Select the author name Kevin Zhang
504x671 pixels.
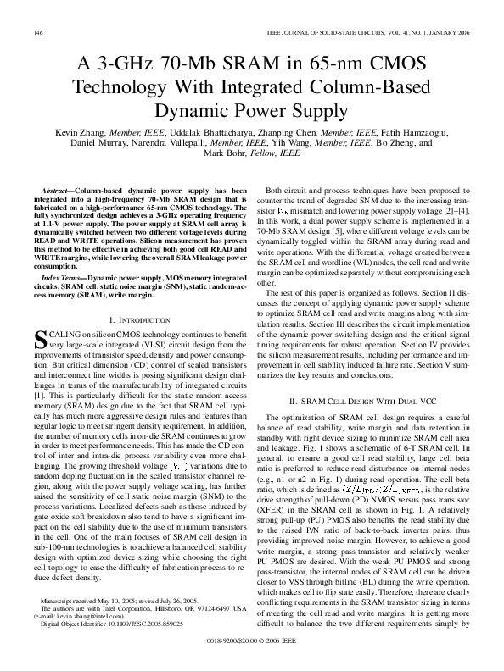82,133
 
